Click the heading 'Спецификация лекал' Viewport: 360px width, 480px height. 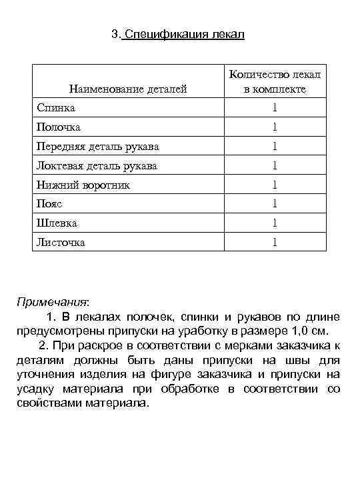point(184,34)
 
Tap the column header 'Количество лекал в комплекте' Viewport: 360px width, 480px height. point(274,81)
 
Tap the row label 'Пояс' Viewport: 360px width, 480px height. point(49,204)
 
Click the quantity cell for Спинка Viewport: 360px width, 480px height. point(274,107)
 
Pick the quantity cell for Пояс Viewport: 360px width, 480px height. point(274,204)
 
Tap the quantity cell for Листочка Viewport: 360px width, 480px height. point(274,243)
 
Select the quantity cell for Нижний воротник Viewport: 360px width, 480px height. point(274,185)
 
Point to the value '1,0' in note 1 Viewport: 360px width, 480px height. point(292,331)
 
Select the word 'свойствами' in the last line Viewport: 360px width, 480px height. point(48,404)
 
